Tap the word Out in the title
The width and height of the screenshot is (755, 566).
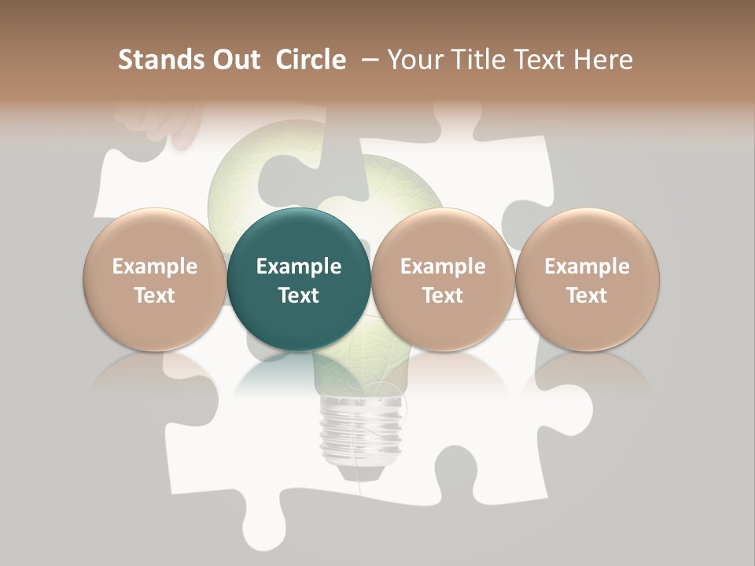(x=237, y=60)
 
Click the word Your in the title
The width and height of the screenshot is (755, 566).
(x=417, y=60)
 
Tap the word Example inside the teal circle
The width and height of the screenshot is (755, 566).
(x=299, y=266)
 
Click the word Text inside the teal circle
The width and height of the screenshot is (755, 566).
(x=299, y=296)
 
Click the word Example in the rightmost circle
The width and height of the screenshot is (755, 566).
(x=587, y=266)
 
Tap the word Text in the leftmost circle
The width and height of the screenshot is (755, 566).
(x=155, y=296)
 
